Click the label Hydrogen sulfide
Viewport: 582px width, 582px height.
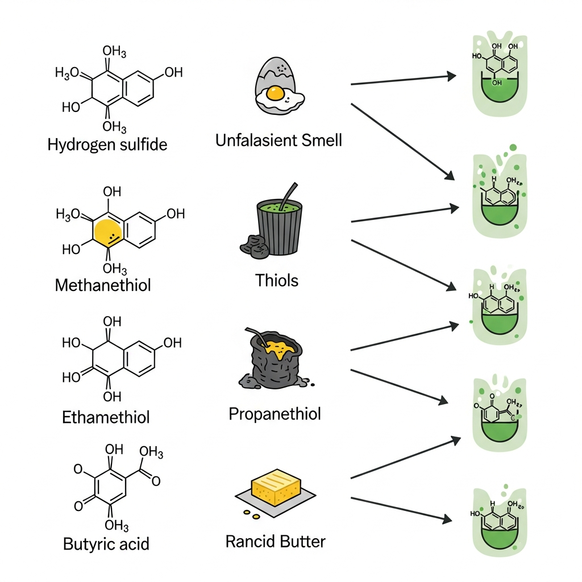coord(107,144)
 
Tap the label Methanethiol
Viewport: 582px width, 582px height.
coord(103,285)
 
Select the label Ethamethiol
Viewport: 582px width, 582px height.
coord(106,418)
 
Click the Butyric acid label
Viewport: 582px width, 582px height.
coord(106,543)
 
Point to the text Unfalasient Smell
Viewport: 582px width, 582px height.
coord(278,140)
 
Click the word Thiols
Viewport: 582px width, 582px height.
coord(277,280)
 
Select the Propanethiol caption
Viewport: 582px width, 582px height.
coord(275,413)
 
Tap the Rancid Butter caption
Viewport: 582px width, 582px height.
coord(275,541)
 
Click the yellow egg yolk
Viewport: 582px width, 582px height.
coord(275,93)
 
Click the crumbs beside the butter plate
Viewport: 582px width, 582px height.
coord(251,514)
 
